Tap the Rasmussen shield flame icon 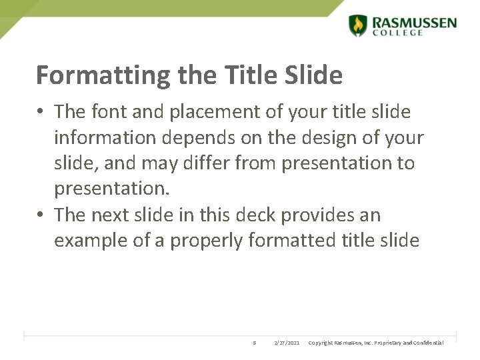tap(358, 25)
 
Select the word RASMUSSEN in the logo tap(414, 22)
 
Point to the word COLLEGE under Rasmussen tap(397, 33)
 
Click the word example tap(91, 241)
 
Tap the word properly tap(207, 241)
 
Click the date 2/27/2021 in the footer tap(287, 343)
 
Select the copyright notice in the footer tap(375, 343)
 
